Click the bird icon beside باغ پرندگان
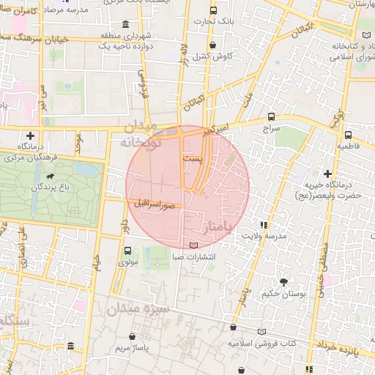pos(51,177)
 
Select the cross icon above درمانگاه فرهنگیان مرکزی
pos(30,135)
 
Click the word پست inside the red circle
pos(191,159)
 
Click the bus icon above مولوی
pos(129,250)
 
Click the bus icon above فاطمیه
pos(347,135)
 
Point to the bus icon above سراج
pos(272,116)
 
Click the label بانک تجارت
pos(213,21)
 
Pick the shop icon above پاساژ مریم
pos(133,336)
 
